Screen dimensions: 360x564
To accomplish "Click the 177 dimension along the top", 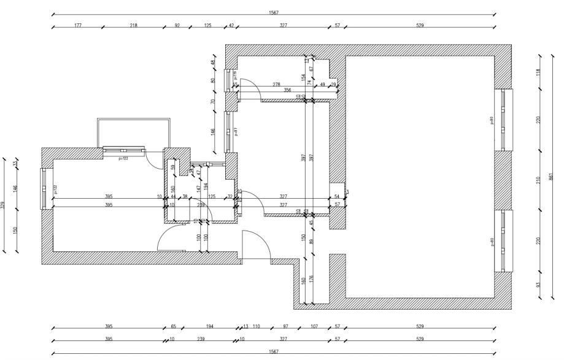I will (x=78, y=26).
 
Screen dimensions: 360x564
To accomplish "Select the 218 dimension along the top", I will (x=134, y=26).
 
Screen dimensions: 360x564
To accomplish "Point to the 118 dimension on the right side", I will (x=538, y=72).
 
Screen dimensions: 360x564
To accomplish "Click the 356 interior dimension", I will (x=287, y=90).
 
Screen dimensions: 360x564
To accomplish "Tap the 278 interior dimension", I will (x=277, y=84).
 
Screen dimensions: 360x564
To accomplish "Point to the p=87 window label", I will (x=236, y=132).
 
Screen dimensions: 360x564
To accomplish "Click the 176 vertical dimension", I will (x=311, y=281).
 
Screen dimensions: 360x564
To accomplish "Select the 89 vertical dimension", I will (x=311, y=242).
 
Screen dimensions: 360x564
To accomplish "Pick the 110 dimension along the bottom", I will (x=257, y=326).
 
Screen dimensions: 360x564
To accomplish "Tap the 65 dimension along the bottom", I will (x=173, y=326).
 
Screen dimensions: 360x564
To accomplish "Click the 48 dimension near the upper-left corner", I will (x=214, y=63).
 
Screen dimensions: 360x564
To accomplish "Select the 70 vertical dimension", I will (x=214, y=102).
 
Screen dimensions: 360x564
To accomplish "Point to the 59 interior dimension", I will (x=173, y=167).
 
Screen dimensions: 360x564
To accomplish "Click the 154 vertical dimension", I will (x=303, y=77).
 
